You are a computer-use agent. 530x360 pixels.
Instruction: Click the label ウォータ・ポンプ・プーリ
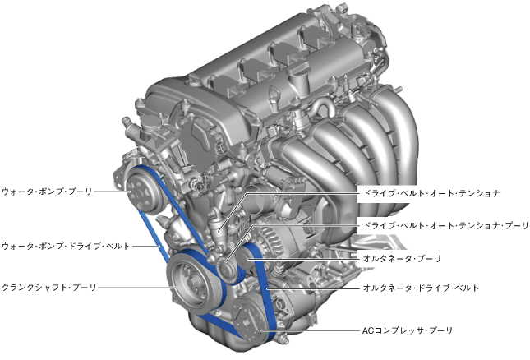point(47,192)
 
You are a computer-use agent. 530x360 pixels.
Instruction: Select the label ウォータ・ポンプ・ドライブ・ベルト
point(66,246)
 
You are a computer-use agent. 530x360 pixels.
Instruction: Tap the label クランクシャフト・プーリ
point(49,288)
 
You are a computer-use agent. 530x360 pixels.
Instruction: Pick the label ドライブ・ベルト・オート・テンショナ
point(431,193)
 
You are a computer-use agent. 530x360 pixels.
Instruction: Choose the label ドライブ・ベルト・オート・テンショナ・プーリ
point(445,225)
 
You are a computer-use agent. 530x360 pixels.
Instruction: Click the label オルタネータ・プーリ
point(403,259)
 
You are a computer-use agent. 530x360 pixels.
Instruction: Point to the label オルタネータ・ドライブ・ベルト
point(421,288)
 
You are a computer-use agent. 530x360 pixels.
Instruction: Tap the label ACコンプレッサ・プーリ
point(408,330)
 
